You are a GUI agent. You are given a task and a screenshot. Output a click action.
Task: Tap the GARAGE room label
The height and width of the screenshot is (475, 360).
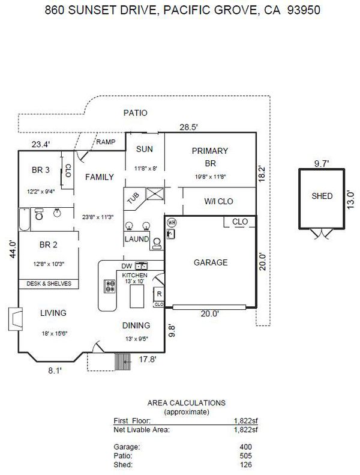[210, 262]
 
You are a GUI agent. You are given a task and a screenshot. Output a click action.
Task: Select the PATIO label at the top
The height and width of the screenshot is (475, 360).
[135, 113]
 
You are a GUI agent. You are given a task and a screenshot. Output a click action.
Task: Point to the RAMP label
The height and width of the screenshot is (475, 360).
[105, 142]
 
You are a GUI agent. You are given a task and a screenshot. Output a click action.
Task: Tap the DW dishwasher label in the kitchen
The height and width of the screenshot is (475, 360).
[126, 265]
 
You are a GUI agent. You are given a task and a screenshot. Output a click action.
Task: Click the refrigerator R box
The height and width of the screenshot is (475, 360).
[158, 294]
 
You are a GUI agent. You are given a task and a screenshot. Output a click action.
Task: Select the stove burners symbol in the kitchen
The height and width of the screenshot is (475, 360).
[110, 286]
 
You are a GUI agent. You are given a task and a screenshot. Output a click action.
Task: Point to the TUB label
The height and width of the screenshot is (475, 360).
[133, 198]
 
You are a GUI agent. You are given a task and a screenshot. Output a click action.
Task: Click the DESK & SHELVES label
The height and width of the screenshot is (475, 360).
[49, 283]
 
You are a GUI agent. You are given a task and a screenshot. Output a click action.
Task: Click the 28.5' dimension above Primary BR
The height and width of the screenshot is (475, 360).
[190, 127]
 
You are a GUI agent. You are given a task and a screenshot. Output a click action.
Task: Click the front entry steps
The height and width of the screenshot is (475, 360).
[124, 361]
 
